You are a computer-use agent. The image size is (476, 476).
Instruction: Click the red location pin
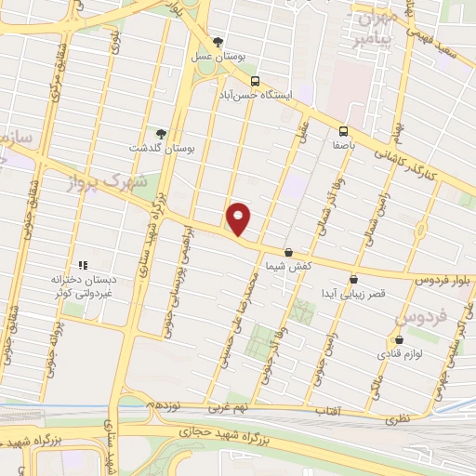pos(239,218)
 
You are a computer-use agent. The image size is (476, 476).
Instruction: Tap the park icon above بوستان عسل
pos(218,41)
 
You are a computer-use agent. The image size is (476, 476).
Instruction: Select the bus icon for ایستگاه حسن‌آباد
pos(255,80)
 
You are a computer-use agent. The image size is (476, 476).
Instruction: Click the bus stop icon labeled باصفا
pos(343,131)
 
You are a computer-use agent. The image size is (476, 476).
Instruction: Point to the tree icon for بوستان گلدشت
pos(161,133)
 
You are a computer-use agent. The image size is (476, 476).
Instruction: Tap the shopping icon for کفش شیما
pos(288,252)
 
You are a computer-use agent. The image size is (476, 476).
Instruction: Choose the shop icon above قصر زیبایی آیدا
pos(353,279)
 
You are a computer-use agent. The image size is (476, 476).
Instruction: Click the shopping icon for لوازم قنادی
pos(400,340)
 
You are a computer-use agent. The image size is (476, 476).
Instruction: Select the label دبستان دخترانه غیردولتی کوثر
pos(86,284)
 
